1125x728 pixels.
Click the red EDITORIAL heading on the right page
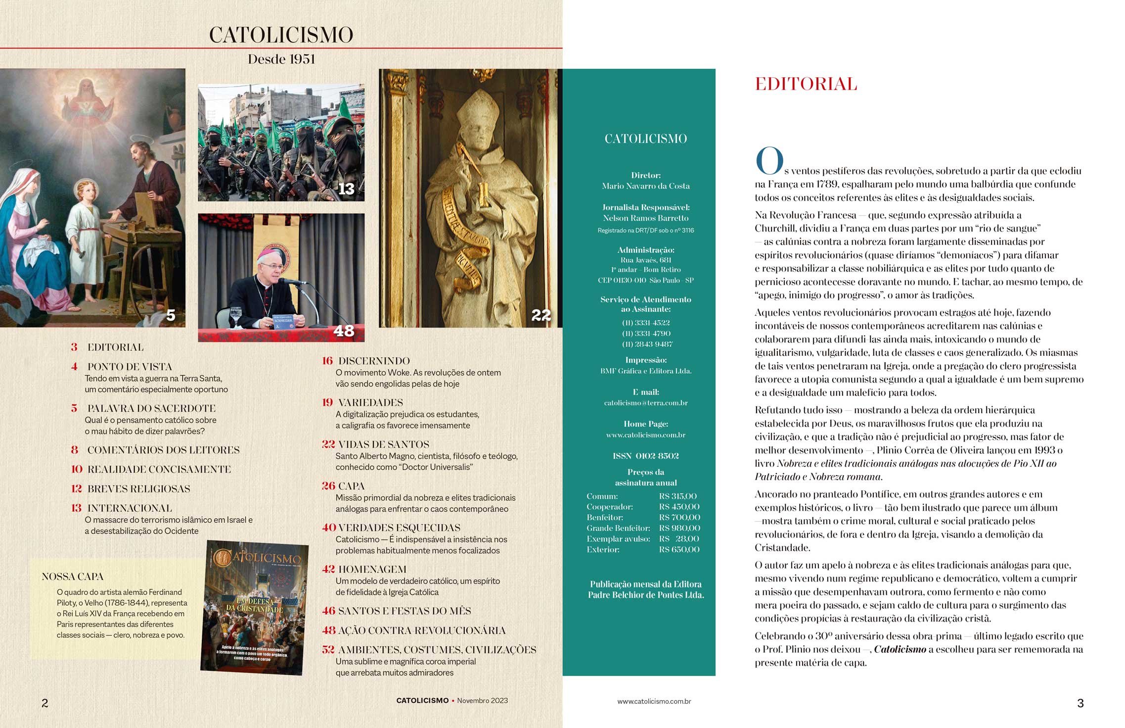coord(806,84)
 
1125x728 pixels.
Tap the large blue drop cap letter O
coord(769,161)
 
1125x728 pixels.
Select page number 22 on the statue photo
coord(540,315)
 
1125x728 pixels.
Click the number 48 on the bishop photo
coord(344,331)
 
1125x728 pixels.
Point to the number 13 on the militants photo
coord(346,189)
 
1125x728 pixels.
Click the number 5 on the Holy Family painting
coord(171,315)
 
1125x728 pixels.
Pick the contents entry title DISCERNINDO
coord(374,361)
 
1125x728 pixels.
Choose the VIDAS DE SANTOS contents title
coord(383,444)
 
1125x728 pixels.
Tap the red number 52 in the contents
coord(328,650)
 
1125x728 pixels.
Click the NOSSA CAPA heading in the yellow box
coord(73,577)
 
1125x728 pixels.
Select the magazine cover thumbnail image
coord(255,608)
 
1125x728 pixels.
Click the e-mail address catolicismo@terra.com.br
coord(646,403)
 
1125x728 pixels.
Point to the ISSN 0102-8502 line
coord(646,456)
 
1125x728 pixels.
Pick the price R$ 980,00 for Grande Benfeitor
coord(679,528)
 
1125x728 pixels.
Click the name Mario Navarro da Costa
coord(646,186)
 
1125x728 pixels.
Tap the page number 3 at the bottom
coord(1080,703)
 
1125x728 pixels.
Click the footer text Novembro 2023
coord(482,701)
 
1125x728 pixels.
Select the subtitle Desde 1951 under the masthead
coord(281,59)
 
